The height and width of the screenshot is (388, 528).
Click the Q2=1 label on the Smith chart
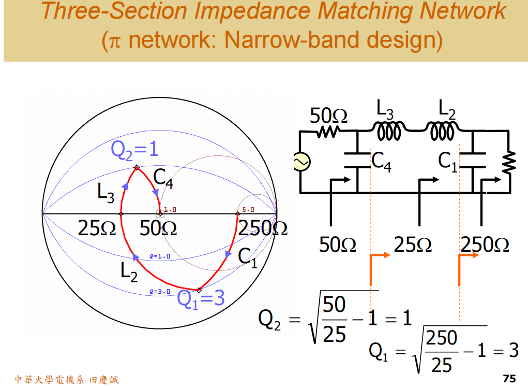click(134, 149)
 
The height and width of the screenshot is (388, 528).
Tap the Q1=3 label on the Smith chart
click(201, 299)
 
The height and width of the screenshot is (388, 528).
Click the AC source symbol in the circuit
click(300, 162)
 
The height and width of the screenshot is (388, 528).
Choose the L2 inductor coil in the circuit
click(441, 132)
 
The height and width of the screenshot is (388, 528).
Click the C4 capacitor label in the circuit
click(382, 162)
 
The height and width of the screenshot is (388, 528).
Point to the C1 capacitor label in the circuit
click(448, 161)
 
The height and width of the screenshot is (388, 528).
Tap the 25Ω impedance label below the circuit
click(412, 245)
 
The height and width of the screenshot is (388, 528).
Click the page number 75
click(509, 379)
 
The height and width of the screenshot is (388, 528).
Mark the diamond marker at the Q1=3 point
click(199, 290)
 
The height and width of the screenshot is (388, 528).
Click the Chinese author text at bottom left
click(67, 380)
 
